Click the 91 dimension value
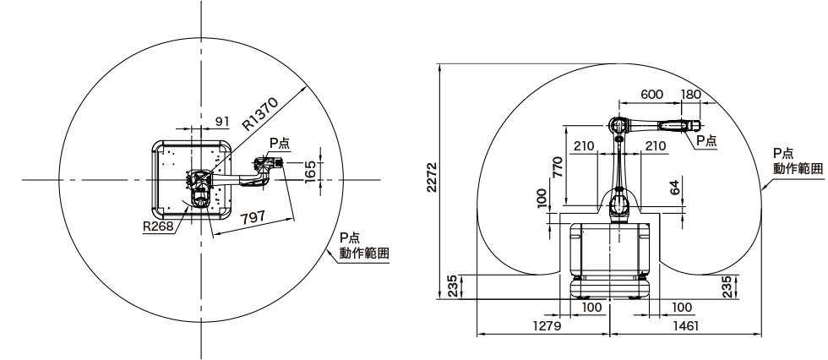223,122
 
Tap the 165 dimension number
310,172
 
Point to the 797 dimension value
253,216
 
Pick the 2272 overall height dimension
432,177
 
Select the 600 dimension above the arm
651,95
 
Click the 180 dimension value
691,95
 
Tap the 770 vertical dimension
557,166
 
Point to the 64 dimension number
674,188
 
